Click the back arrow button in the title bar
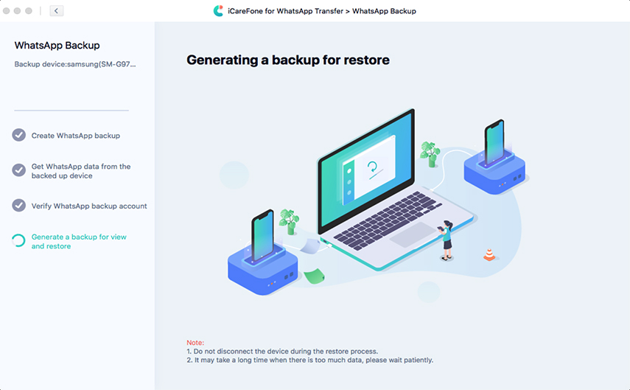[56, 11]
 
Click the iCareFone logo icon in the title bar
[218, 11]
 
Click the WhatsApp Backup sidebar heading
[57, 46]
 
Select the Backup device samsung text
[75, 64]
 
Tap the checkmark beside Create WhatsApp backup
[19, 135]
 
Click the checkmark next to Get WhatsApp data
[19, 170]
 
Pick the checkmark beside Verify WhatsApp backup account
[19, 206]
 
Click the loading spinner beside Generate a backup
[19, 241]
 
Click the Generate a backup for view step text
[79, 241]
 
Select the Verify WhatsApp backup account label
[89, 206]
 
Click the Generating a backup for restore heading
[288, 60]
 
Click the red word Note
[195, 343]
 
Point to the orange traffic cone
[489, 254]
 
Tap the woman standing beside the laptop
[446, 240]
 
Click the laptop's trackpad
[413, 235]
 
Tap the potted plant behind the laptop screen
[430, 154]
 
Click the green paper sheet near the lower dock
[314, 276]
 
